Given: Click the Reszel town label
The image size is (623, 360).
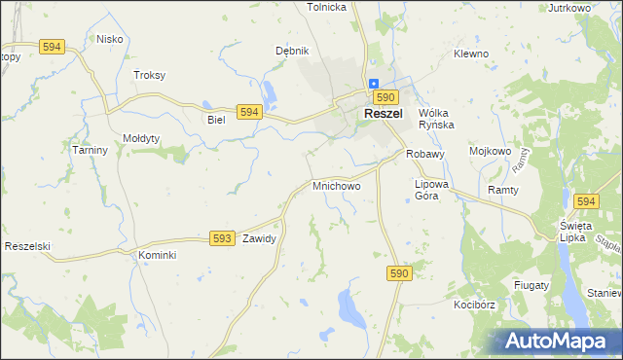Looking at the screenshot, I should click(x=385, y=114).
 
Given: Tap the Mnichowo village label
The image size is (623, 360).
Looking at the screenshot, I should click(x=337, y=185).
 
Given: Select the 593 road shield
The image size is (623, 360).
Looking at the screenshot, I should click(x=222, y=237).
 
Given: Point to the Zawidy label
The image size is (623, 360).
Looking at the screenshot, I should click(x=260, y=238).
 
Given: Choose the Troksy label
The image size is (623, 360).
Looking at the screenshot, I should click(x=149, y=75).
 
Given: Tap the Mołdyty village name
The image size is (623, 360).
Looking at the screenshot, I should click(x=141, y=138).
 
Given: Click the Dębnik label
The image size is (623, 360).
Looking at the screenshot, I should click(x=292, y=51).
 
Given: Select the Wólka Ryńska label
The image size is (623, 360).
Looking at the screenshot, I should click(x=437, y=119).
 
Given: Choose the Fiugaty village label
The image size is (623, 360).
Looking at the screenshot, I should click(x=531, y=285).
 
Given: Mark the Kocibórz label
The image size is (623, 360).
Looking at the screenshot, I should click(x=474, y=305).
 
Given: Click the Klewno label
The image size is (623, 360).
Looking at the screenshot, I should click(x=470, y=54).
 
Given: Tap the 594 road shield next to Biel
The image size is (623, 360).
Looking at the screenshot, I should click(x=249, y=113).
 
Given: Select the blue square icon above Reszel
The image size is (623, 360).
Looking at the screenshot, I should click(x=373, y=84).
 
